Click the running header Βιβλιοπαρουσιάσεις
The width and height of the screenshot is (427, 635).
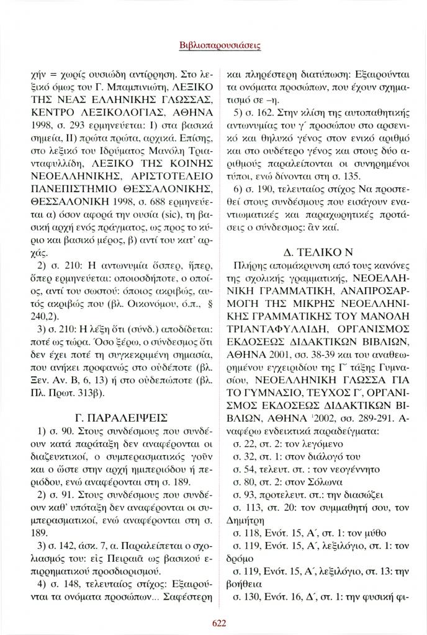pyautogui.click(x=213, y=45)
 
